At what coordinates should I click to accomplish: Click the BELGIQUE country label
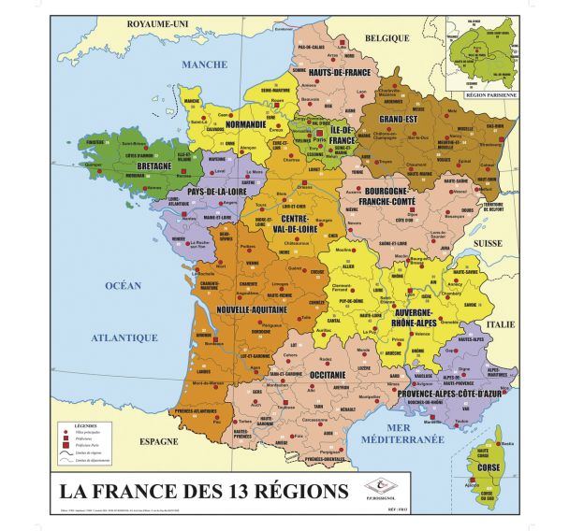point(387,38)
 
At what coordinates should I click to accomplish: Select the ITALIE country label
point(526,324)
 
